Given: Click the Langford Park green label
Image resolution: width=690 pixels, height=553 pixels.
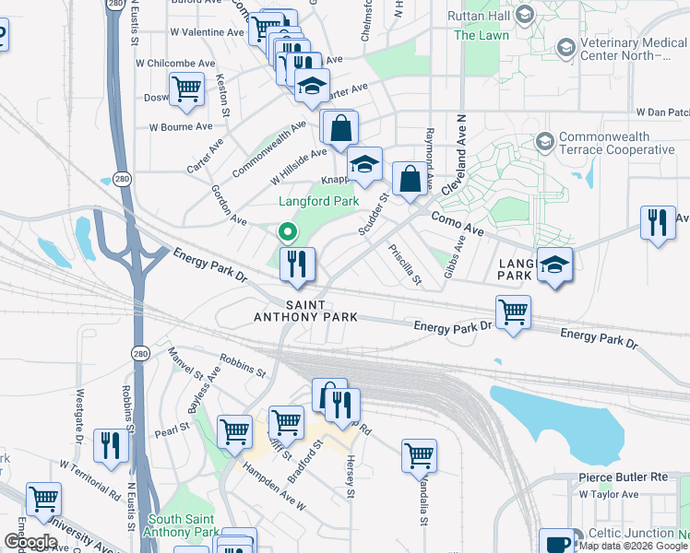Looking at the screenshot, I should coord(319,200).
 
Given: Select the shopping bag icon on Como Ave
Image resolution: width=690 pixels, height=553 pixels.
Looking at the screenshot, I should coord(409,179).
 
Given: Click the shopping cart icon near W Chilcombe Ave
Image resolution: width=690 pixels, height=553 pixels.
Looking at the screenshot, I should coord(187,89).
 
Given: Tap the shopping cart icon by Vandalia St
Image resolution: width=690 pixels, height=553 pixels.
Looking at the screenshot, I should coord(419,455).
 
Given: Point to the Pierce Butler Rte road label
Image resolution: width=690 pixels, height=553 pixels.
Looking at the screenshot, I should coord(623,477).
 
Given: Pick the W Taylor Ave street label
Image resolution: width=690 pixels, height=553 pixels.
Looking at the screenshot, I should coord(609,495).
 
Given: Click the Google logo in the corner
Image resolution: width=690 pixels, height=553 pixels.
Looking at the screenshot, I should coord(30,542).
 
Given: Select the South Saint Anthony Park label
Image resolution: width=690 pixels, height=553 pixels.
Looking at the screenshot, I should coord(182,525).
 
